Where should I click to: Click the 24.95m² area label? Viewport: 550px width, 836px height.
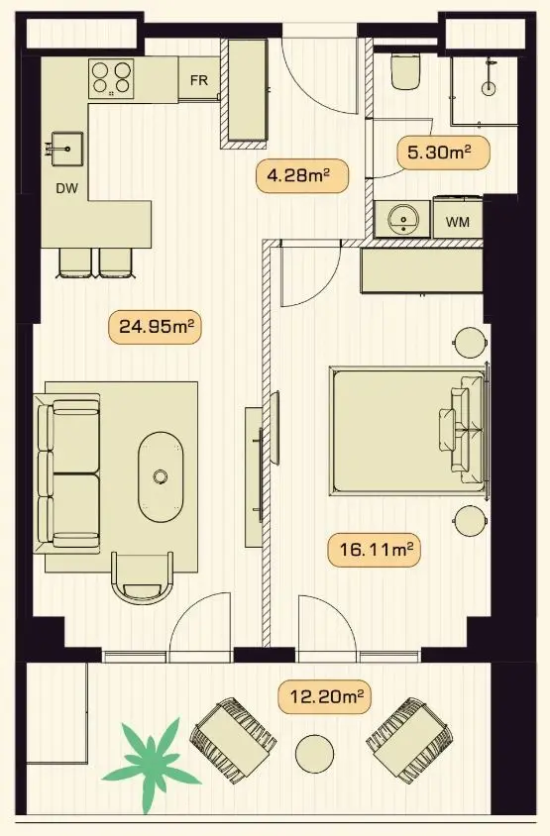point(155,326)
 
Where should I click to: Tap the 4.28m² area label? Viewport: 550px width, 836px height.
point(302,175)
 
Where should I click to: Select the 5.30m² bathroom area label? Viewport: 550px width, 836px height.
point(443,153)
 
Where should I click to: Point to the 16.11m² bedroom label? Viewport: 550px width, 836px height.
point(375,549)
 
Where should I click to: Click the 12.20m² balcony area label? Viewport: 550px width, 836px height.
point(324,696)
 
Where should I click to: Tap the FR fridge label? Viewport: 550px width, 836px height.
point(199,80)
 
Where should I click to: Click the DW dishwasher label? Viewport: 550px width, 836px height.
point(67,187)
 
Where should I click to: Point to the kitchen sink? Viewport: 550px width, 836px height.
point(66,149)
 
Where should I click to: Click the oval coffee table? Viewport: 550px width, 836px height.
point(160,476)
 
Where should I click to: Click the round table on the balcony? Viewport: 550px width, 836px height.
point(315,754)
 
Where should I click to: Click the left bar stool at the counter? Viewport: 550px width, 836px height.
point(74,263)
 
